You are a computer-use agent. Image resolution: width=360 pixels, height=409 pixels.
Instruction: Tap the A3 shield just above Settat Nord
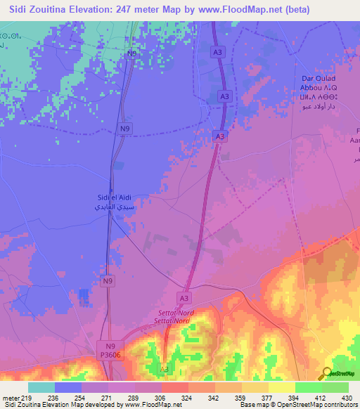(x=185, y=298)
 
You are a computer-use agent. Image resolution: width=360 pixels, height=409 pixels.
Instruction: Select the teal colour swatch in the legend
(x=41, y=387)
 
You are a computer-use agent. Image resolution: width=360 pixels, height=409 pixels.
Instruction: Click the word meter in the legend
(x=11, y=398)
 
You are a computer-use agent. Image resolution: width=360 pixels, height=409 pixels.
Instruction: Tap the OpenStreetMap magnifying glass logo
(x=327, y=373)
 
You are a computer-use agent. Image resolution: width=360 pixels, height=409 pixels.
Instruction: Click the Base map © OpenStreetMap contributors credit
(x=297, y=405)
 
